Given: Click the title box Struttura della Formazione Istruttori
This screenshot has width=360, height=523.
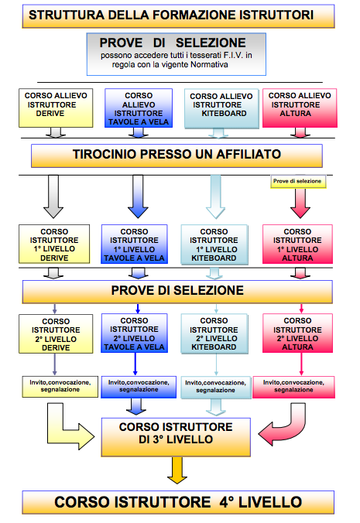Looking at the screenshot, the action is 178,15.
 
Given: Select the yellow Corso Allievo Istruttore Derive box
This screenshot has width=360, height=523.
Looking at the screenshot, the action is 56,108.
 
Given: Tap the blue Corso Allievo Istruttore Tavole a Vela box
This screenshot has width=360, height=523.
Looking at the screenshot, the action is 139,108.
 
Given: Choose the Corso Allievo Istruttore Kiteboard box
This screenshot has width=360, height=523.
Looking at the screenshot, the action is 221,108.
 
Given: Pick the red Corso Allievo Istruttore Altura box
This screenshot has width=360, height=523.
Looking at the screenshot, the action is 300,108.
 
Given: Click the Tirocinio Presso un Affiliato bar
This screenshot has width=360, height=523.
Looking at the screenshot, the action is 177,156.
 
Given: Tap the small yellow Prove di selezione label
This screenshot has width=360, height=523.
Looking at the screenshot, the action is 297,181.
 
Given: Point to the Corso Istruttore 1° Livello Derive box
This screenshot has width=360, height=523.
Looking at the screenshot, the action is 54,244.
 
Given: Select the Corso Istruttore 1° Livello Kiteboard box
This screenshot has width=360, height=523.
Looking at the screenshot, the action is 214,244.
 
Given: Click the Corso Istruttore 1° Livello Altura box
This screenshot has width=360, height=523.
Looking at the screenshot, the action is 297,244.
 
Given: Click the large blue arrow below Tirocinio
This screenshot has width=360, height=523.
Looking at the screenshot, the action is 138,197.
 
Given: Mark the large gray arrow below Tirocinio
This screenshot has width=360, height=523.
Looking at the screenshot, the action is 53,197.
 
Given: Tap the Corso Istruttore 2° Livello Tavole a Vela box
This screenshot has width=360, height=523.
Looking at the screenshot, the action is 134,333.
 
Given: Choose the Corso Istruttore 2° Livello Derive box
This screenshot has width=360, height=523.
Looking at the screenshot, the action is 56,334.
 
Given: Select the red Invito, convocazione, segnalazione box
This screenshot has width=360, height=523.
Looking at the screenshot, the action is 293,387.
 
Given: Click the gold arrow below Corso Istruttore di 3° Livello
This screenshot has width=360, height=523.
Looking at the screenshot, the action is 177,470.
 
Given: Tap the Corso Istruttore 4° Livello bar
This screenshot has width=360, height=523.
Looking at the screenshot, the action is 178,502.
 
